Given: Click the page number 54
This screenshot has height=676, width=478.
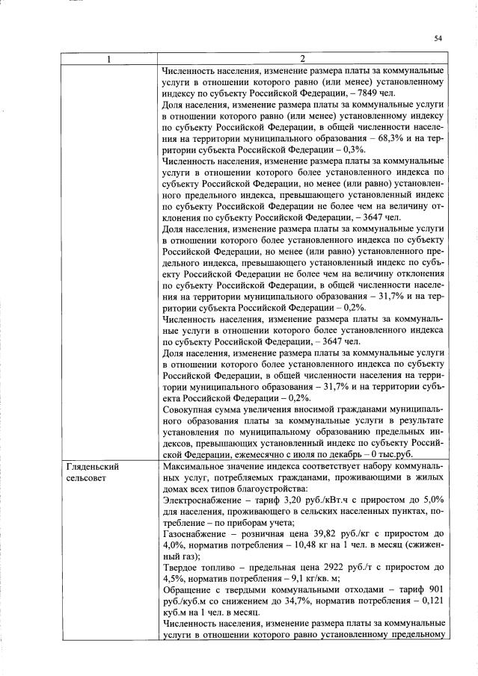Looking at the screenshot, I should coord(438,38).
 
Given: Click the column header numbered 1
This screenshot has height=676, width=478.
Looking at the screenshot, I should coord(108,59).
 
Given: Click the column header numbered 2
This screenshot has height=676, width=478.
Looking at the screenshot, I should coord(303,59).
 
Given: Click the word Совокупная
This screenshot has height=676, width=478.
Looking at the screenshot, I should coord(189,409).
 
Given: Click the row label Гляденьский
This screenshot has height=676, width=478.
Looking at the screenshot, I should coord(93,466).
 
